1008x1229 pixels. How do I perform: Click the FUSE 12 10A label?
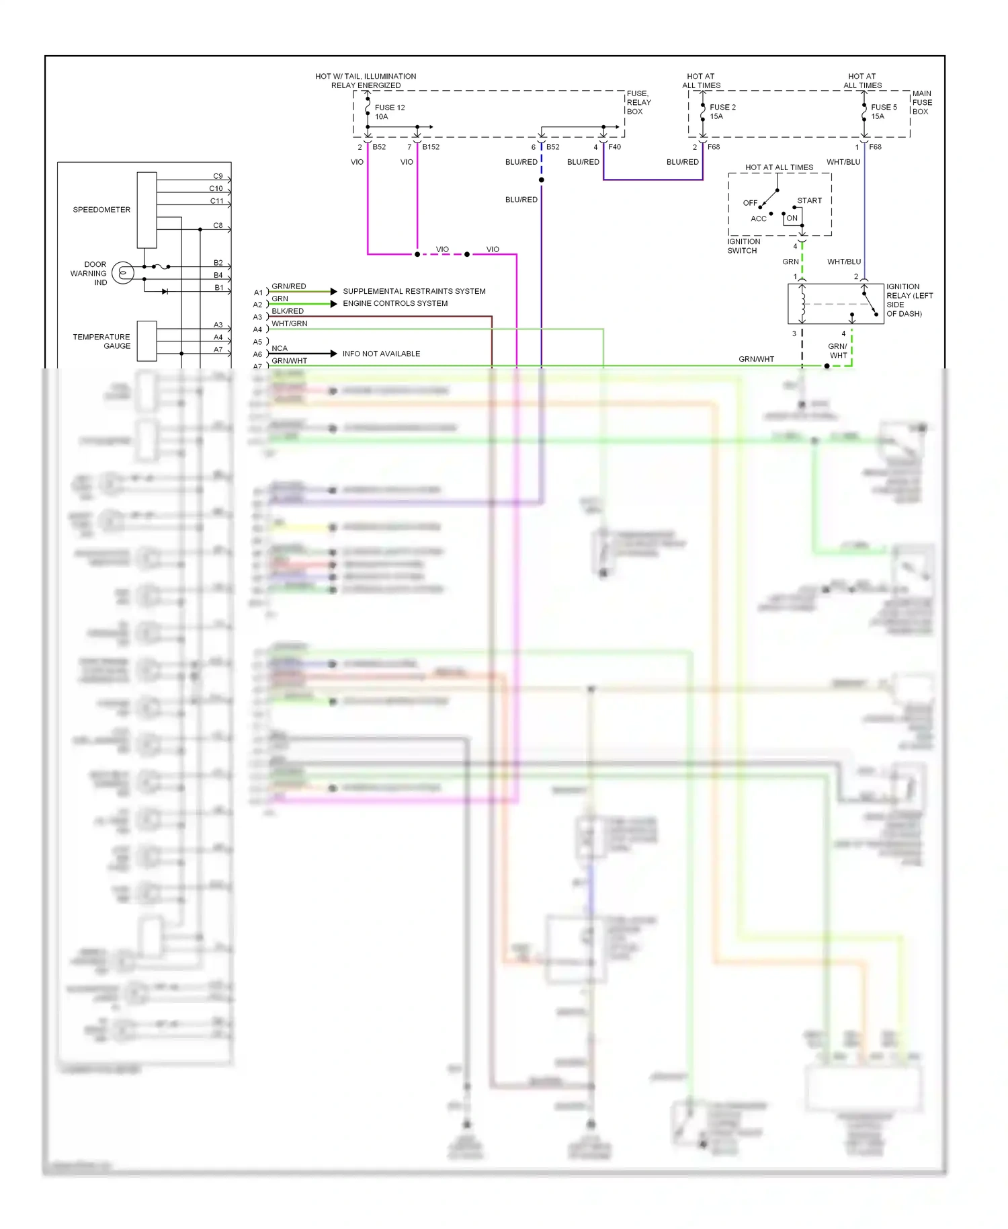389,112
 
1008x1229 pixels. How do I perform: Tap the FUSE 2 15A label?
722,112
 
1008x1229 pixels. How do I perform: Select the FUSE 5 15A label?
883,112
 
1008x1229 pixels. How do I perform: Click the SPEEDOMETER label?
101,210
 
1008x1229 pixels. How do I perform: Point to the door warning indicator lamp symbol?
123,273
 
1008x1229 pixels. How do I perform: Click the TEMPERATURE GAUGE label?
102,342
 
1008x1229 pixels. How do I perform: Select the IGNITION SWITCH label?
743,246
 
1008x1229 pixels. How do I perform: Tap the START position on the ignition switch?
809,200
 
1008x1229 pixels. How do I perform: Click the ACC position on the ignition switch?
758,219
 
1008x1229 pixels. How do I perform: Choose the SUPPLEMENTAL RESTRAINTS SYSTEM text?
414,291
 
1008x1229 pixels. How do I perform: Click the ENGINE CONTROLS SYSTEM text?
395,303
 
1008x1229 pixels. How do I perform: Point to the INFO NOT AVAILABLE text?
381,354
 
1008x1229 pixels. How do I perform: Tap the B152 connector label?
431,147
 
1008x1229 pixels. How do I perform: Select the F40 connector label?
614,147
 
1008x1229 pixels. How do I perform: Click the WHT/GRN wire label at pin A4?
289,323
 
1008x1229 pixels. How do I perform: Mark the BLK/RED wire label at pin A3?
288,311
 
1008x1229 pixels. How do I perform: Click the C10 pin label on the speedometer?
216,188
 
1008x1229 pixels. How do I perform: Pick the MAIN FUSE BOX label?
922,102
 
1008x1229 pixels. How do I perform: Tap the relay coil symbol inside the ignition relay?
802,303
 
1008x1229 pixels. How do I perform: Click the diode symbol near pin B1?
165,292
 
